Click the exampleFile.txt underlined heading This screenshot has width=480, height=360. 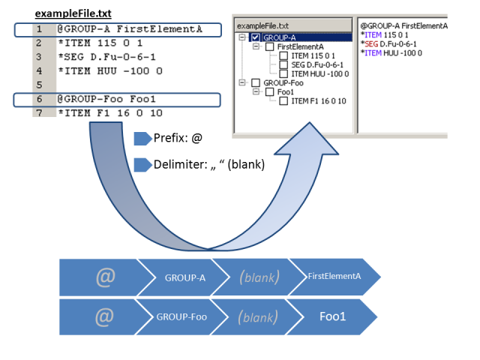pos(73,13)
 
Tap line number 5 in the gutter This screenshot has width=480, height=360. pos(39,85)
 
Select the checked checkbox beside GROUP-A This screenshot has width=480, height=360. pos(255,37)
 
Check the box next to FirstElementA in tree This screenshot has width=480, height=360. pos(270,46)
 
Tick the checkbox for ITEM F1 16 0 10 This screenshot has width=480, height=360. pos(283,101)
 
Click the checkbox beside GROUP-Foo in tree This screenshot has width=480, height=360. pos(256,83)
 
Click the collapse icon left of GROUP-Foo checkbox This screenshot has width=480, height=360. pos(242,82)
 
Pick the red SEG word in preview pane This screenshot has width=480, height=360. pos(371,44)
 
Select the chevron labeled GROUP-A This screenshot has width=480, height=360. pos(183,277)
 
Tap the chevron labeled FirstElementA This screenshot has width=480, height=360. pos(334,277)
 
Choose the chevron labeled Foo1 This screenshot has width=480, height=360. pos(331,316)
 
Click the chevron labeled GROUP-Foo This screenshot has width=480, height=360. pos(181,316)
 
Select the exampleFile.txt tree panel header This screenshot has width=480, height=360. pos(293,25)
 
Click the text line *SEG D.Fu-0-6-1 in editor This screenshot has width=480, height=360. pos(106,57)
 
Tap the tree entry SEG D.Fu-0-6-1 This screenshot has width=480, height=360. pos(317,65)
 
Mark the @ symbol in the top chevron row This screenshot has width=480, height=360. pos(106,277)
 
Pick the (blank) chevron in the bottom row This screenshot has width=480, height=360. pos(258,316)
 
